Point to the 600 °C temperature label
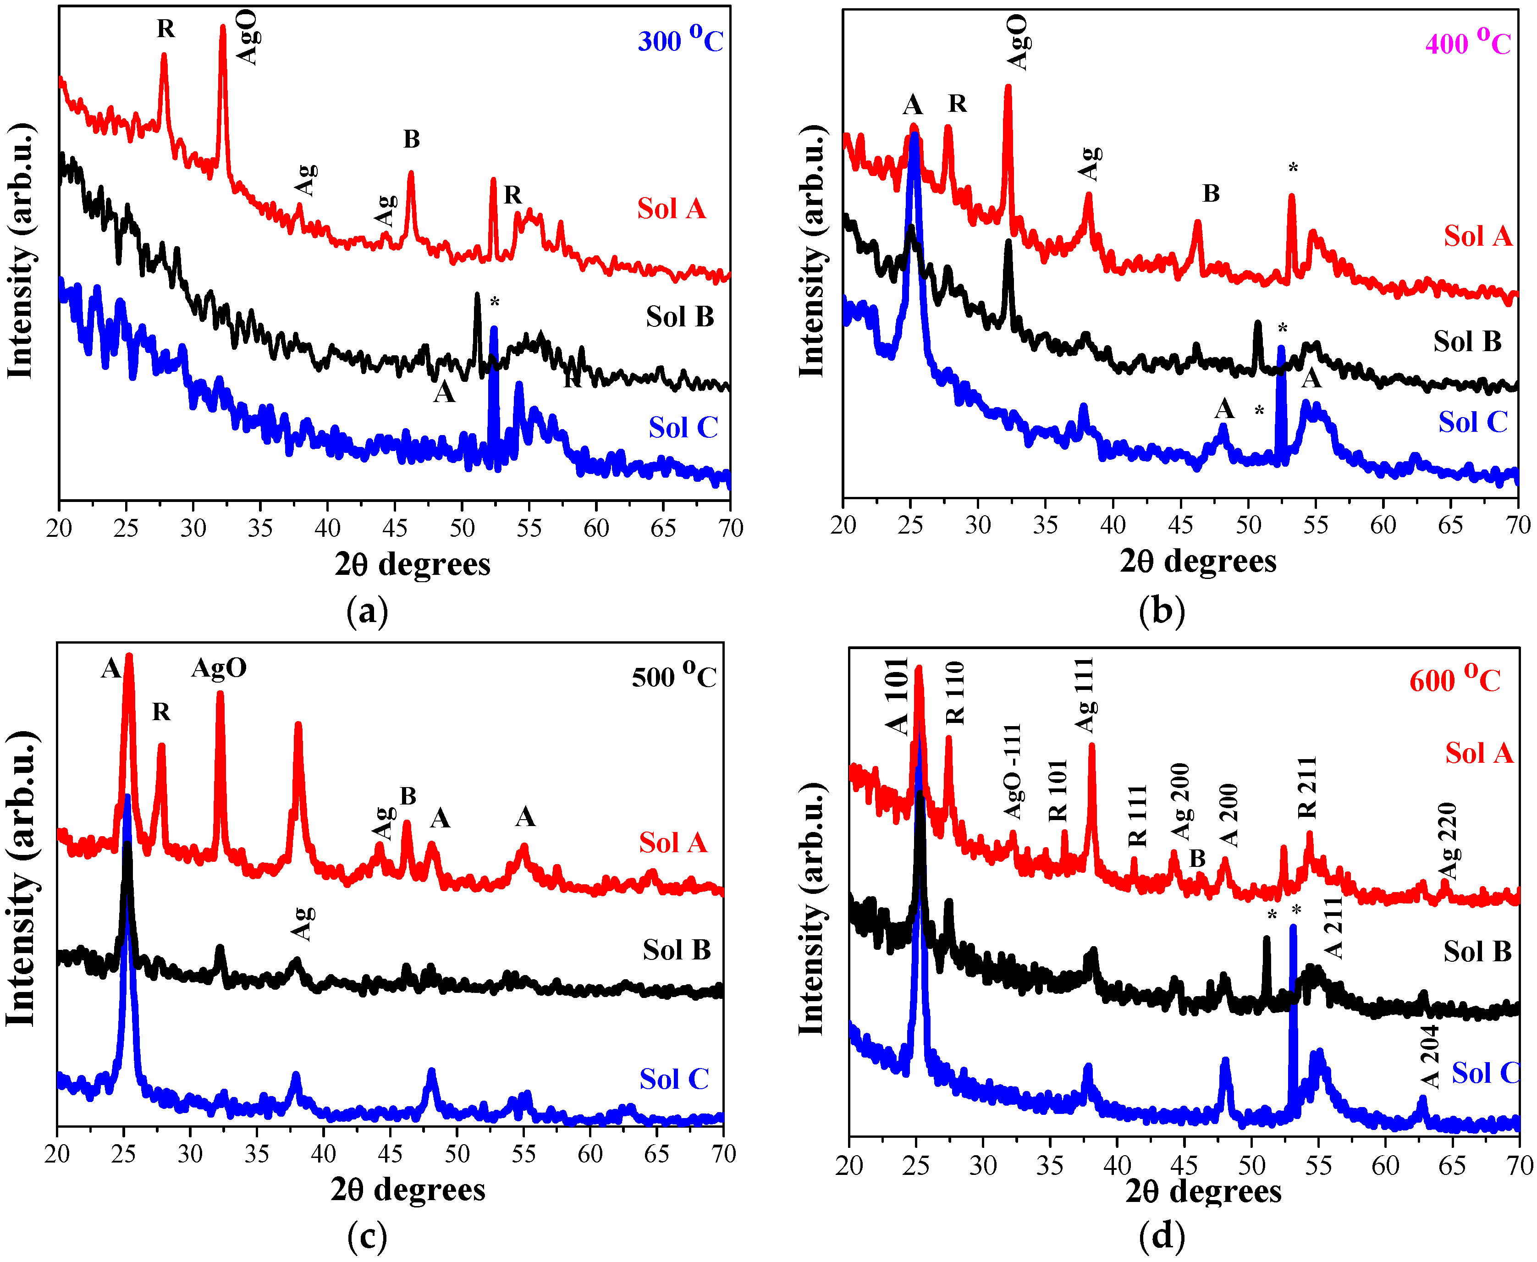[x=1454, y=680]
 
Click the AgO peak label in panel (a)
[x=247, y=38]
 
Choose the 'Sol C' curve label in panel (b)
[x=1472, y=422]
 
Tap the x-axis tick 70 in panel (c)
[x=723, y=1154]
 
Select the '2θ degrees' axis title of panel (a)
[x=412, y=564]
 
